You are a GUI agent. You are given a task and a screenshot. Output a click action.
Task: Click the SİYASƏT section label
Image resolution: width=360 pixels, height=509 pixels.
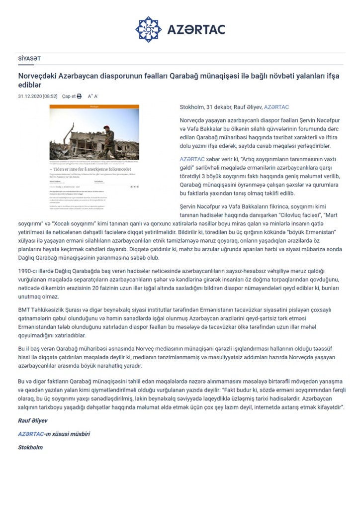(29, 58)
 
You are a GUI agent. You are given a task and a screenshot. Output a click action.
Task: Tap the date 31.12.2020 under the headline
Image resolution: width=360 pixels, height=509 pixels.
(29, 96)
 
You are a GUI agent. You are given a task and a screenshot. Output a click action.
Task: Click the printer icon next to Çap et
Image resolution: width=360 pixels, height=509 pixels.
(79, 96)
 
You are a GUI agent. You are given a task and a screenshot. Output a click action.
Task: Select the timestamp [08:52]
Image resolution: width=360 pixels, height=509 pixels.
(50, 96)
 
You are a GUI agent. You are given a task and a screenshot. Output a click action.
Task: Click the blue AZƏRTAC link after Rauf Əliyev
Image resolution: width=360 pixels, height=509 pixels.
(276, 107)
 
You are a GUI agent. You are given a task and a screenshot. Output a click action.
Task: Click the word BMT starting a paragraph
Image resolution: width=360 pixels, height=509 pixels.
(24, 309)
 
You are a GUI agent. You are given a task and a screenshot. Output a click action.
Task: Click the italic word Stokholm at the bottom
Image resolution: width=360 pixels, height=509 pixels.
(30, 447)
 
